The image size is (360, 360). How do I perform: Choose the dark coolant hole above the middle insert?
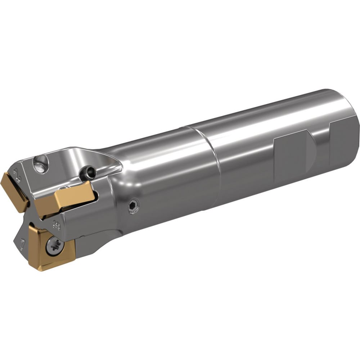point(89,172)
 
